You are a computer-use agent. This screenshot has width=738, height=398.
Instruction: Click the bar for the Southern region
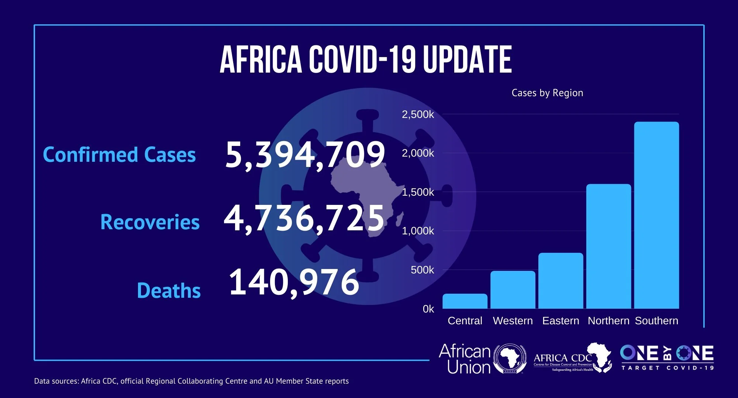click(656, 215)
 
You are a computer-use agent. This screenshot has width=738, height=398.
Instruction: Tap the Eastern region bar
click(561, 281)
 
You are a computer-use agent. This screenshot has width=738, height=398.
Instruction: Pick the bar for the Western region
click(513, 290)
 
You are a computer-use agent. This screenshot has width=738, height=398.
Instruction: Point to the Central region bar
click(465, 301)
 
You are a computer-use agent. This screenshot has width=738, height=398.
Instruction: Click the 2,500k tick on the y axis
click(418, 115)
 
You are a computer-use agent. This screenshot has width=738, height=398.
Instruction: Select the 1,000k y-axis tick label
click(418, 231)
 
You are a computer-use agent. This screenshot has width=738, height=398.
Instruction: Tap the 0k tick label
click(428, 309)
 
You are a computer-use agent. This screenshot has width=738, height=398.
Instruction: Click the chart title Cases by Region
click(547, 93)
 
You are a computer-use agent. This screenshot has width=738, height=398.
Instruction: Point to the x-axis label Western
click(513, 321)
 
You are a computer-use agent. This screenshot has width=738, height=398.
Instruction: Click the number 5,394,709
click(305, 155)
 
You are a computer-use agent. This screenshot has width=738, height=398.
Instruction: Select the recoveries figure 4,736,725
click(304, 219)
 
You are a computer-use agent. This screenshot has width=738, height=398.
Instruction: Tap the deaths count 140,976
click(294, 283)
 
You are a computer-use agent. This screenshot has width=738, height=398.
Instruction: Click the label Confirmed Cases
click(119, 155)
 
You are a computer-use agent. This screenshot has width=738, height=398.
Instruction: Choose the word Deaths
click(169, 291)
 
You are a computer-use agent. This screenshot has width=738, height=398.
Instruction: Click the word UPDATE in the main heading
click(467, 60)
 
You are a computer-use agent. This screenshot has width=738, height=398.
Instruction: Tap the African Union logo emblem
click(510, 359)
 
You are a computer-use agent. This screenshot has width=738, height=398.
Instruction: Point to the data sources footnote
click(191, 381)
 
